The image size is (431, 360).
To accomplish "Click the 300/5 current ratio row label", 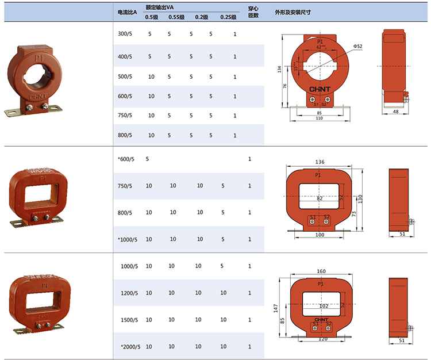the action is click(x=125, y=34).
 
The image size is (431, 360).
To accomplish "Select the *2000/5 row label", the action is click(x=130, y=347).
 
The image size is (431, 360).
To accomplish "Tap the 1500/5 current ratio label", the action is click(x=129, y=320).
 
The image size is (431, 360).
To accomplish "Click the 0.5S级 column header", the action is click(x=176, y=17).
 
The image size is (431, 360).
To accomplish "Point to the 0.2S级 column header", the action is click(x=228, y=17).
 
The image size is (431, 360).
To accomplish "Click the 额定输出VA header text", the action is click(x=159, y=7).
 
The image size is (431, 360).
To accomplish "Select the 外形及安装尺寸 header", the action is click(x=293, y=13).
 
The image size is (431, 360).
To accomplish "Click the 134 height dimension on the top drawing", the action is click(x=279, y=69).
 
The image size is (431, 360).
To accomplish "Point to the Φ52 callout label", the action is click(x=357, y=46).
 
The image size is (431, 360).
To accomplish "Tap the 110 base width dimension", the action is click(x=319, y=118).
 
